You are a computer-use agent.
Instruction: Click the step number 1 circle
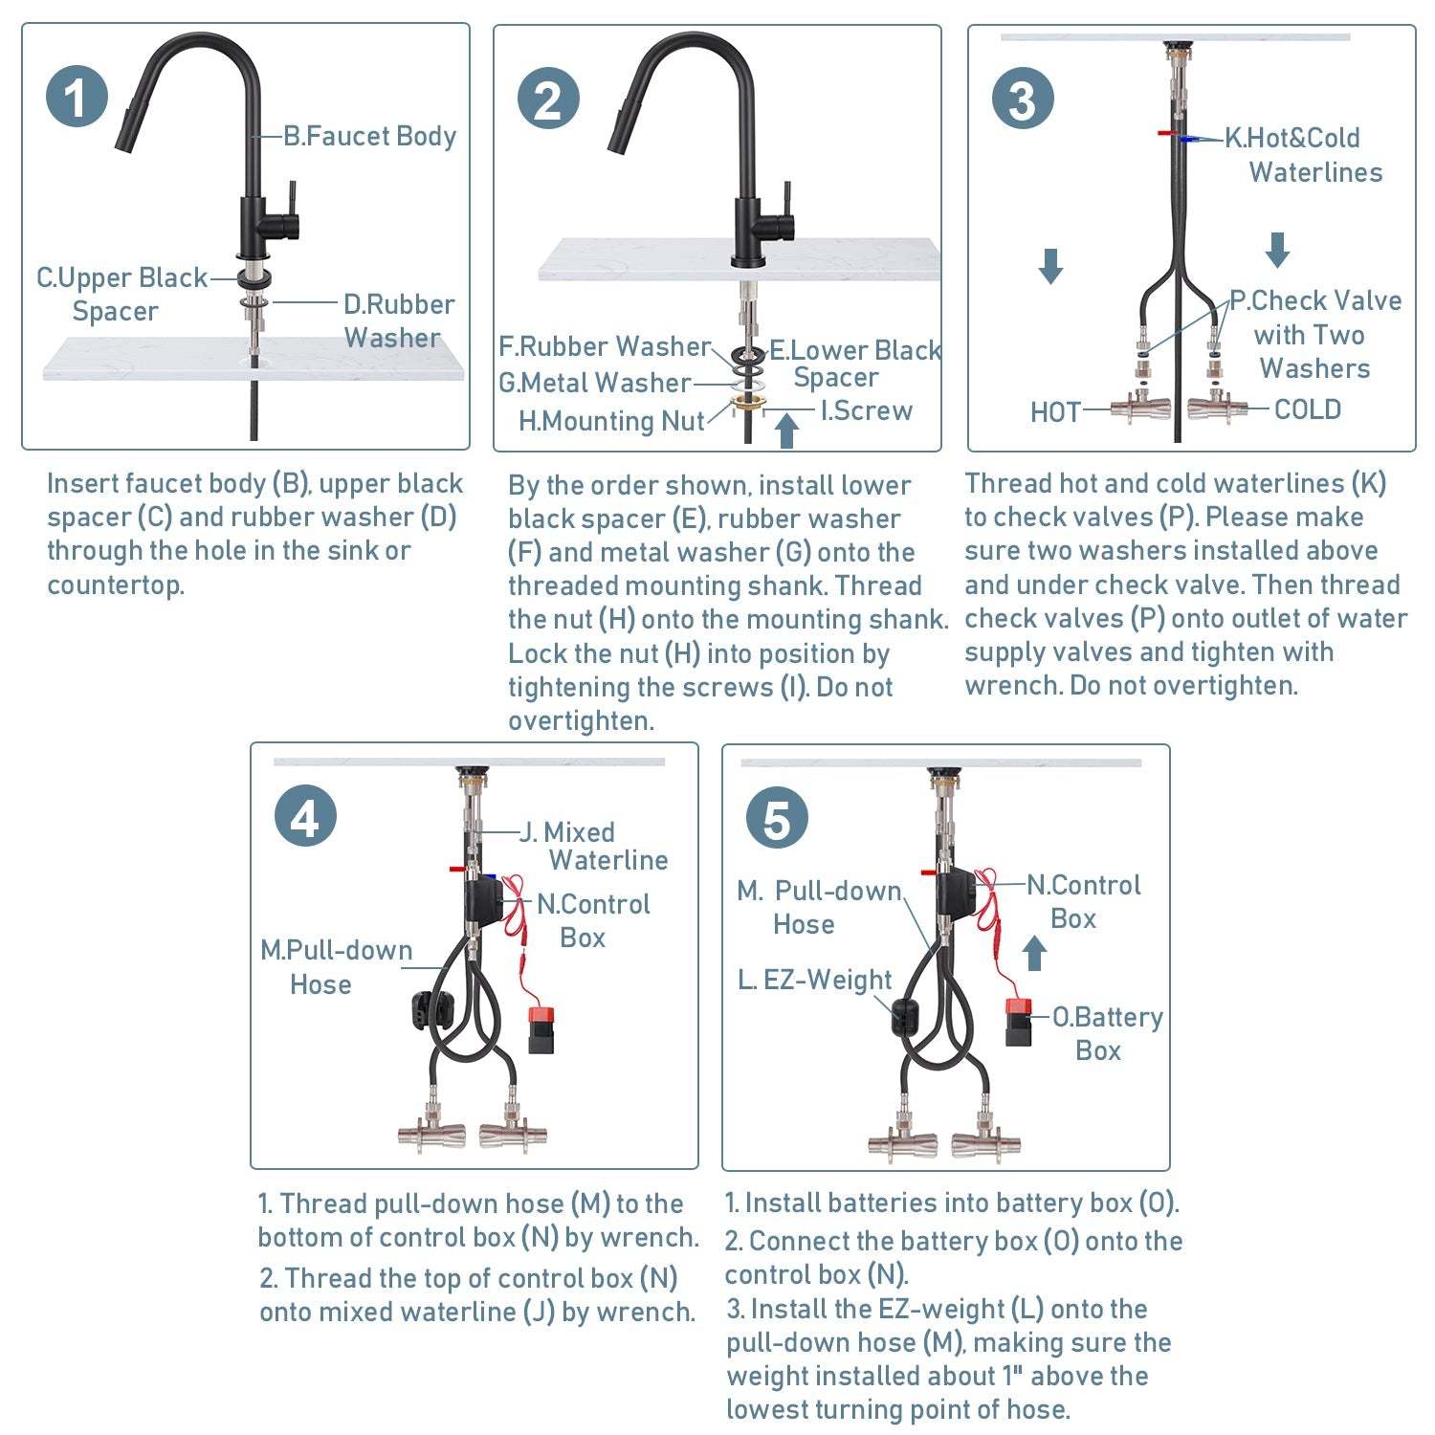tap(77, 98)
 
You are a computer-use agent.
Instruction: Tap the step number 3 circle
tap(1023, 99)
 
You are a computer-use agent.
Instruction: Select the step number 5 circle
tap(777, 819)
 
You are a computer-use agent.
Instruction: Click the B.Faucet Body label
tap(369, 137)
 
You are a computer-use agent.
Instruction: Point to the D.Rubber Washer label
tap(398, 320)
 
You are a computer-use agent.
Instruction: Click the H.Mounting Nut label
tap(610, 421)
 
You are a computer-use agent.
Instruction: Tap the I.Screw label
tap(866, 410)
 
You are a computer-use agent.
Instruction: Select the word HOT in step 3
tap(1055, 412)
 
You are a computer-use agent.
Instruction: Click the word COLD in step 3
tap(1307, 409)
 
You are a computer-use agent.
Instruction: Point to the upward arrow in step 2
tap(786, 430)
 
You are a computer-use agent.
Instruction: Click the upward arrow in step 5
tap(1034, 952)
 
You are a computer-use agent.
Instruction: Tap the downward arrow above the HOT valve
tap(1050, 265)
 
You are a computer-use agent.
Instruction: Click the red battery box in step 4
tap(542, 1028)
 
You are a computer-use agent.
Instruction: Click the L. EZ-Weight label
tap(814, 980)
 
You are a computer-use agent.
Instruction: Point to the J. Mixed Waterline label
tap(593, 846)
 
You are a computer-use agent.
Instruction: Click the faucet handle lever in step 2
tap(785, 206)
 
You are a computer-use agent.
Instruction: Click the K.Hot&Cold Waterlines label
tap(1303, 155)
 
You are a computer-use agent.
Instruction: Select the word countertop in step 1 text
tap(116, 585)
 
